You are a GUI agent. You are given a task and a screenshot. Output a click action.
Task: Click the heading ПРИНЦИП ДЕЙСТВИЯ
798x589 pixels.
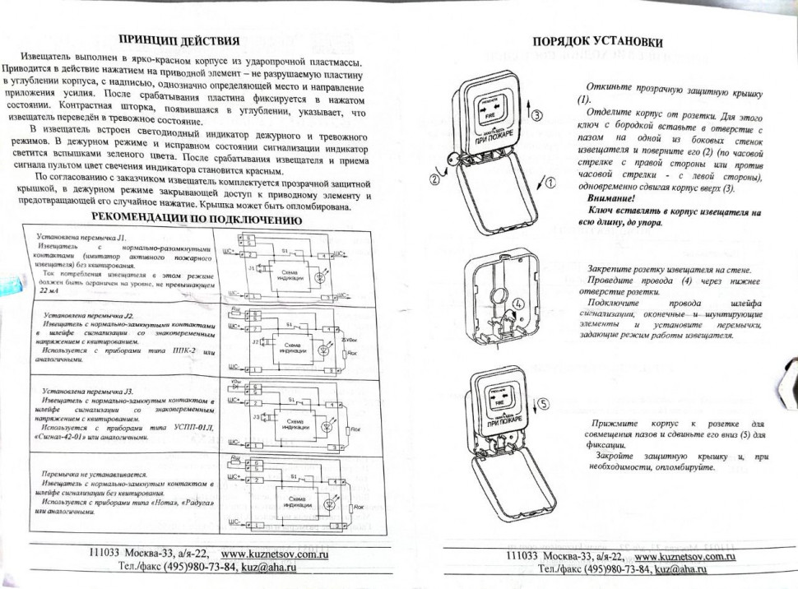pos(179,40)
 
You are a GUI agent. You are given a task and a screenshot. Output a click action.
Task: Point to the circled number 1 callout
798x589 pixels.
pos(550,183)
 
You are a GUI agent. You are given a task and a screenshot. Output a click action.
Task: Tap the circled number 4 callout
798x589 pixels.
pos(518,304)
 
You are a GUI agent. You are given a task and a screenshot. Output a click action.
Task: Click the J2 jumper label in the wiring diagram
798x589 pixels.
pos(256,340)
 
